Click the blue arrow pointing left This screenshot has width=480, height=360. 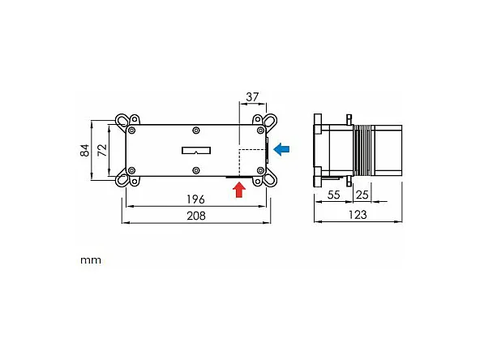tap(282, 149)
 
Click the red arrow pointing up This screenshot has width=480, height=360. tap(238, 190)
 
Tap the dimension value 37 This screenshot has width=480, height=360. tap(251, 96)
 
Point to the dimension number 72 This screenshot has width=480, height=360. tap(101, 150)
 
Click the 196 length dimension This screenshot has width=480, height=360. tap(195, 199)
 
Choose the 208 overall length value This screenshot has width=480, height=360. tap(195, 216)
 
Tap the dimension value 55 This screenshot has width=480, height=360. tap(333, 196)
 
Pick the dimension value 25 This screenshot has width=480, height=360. tap(362, 196)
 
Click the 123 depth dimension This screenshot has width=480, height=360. tap(357, 215)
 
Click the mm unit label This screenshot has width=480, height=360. tap(90, 261)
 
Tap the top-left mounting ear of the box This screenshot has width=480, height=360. tap(126, 122)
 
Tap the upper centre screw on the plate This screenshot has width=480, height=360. tap(196, 130)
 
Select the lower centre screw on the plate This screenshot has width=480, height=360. tap(196, 169)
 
